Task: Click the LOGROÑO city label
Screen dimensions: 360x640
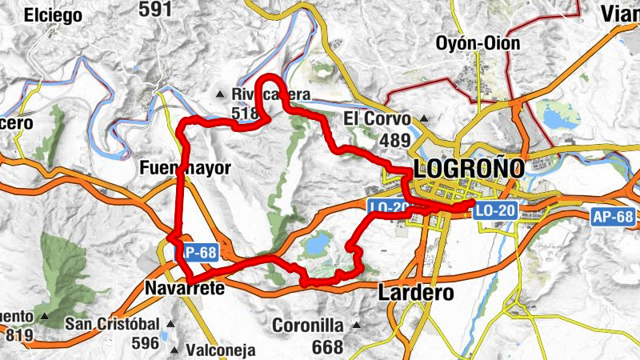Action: pyautogui.click(x=469, y=168)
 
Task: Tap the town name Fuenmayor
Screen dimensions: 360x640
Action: pyautogui.click(x=185, y=168)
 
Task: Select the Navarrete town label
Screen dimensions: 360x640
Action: pyautogui.click(x=185, y=287)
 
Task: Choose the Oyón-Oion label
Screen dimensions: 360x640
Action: pyautogui.click(x=478, y=42)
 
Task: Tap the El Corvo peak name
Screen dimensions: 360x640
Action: pyautogui.click(x=377, y=118)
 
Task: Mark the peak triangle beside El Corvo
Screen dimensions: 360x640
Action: pyautogui.click(x=424, y=120)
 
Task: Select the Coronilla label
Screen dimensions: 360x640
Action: pyautogui.click(x=308, y=326)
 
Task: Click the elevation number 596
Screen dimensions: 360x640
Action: pyautogui.click(x=146, y=343)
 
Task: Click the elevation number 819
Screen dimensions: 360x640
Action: pyautogui.click(x=20, y=336)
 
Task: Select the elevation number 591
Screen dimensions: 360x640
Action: pyautogui.click(x=155, y=10)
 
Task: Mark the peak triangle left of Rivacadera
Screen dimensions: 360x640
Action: pyautogui.click(x=221, y=95)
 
